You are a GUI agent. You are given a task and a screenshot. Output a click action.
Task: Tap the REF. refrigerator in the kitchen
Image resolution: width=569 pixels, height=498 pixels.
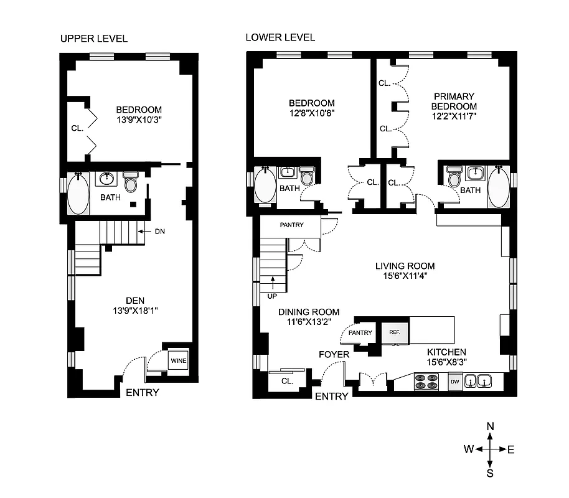click(x=394, y=332)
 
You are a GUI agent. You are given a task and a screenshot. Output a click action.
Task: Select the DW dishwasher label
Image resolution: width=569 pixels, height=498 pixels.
click(x=455, y=380)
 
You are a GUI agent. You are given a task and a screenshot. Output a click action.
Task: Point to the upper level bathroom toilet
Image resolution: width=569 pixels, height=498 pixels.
click(x=131, y=183)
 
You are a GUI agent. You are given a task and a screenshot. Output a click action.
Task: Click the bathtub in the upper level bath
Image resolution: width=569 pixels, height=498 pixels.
click(x=78, y=194)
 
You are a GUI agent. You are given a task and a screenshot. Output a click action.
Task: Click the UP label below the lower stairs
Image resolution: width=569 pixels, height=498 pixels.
click(x=271, y=296)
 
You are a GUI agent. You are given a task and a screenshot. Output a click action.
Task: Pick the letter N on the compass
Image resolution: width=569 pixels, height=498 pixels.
click(x=491, y=426)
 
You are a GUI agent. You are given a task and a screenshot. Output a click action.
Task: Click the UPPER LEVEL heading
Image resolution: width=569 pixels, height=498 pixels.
click(x=94, y=39)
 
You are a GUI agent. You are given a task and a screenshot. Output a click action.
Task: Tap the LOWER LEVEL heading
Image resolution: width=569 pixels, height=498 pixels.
click(x=280, y=37)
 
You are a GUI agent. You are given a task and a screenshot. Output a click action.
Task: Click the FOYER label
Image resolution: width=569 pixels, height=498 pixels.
click(x=334, y=354)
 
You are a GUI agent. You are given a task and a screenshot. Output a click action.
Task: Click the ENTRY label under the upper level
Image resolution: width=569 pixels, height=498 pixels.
click(x=143, y=392)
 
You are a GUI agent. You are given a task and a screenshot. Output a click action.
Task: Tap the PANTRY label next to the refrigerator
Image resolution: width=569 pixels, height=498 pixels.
click(x=360, y=332)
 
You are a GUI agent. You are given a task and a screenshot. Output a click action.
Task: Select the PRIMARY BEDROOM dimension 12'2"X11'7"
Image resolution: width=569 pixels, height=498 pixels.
click(x=454, y=115)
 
